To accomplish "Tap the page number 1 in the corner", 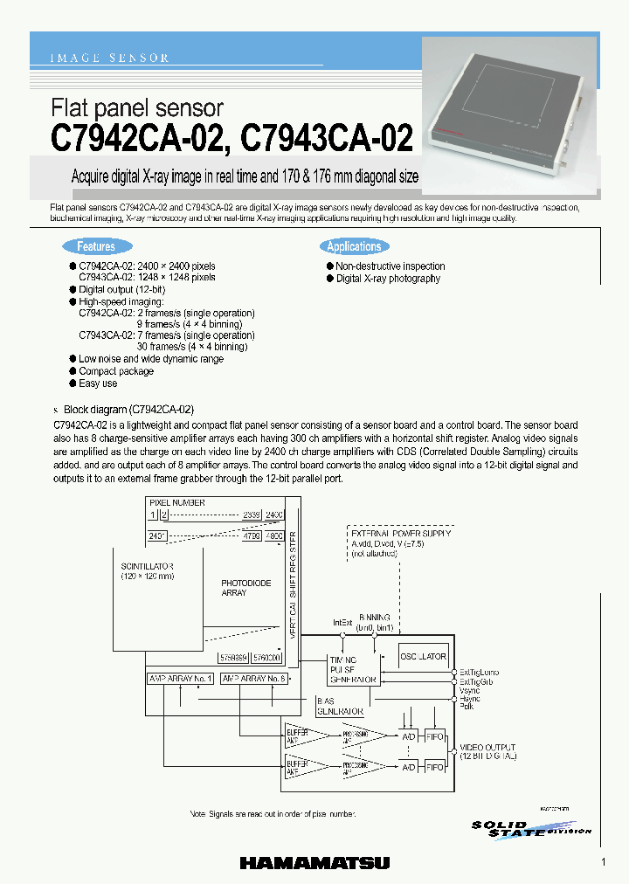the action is (x=604, y=862).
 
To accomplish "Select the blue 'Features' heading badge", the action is (x=96, y=247).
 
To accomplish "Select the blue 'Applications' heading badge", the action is (x=354, y=247).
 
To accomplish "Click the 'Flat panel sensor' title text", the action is (x=137, y=108).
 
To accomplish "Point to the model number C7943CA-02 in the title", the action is (x=326, y=139).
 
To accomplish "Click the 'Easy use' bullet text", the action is (x=98, y=383).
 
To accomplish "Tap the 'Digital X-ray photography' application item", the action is (x=388, y=279).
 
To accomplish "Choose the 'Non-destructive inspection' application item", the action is (x=391, y=266).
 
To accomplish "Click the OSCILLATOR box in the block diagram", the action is (x=423, y=656).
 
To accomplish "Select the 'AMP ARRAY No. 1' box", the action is (x=180, y=678).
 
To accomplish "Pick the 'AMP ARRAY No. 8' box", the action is (x=254, y=678).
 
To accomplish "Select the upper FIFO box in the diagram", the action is (x=434, y=735).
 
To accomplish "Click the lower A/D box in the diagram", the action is (x=407, y=766).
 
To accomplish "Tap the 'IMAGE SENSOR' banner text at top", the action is (x=109, y=59).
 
